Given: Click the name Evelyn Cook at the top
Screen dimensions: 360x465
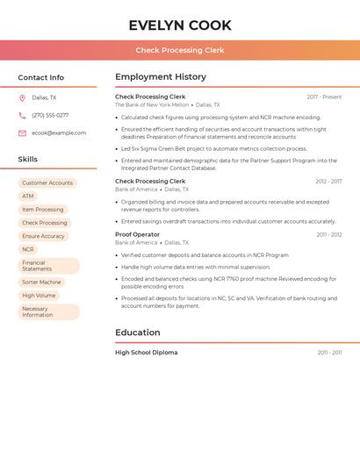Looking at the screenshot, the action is point(180,25).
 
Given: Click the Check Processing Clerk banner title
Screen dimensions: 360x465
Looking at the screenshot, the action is point(180,51).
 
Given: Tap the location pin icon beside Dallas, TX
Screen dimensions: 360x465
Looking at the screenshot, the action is point(22,98).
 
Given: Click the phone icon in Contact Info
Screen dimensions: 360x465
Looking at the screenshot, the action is point(22,116).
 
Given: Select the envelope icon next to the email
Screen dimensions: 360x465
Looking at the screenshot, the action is point(22,133).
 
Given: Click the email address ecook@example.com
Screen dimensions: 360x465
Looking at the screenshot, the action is point(59,133).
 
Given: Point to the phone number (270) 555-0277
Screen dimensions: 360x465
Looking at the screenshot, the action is point(50,116).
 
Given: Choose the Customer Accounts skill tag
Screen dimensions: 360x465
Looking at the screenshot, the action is point(47,183).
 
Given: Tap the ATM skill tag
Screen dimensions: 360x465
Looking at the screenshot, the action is point(28,197).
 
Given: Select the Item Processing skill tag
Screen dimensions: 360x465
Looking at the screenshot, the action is point(43,210).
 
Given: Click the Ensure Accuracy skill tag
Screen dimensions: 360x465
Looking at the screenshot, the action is point(44,236).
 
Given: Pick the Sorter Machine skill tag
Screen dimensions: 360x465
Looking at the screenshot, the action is point(42,283).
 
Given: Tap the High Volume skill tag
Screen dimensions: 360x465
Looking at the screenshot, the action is point(39,296).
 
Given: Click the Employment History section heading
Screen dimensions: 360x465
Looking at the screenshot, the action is point(161,77).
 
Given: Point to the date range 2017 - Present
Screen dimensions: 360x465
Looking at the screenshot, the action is point(324,97).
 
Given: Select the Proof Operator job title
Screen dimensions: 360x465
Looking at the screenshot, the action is point(138,234).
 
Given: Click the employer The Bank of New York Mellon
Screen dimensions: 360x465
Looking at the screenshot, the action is point(152,104).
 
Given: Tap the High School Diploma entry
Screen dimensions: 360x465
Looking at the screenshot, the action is point(147,353).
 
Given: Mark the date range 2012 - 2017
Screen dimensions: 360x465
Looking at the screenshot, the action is point(328,182).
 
